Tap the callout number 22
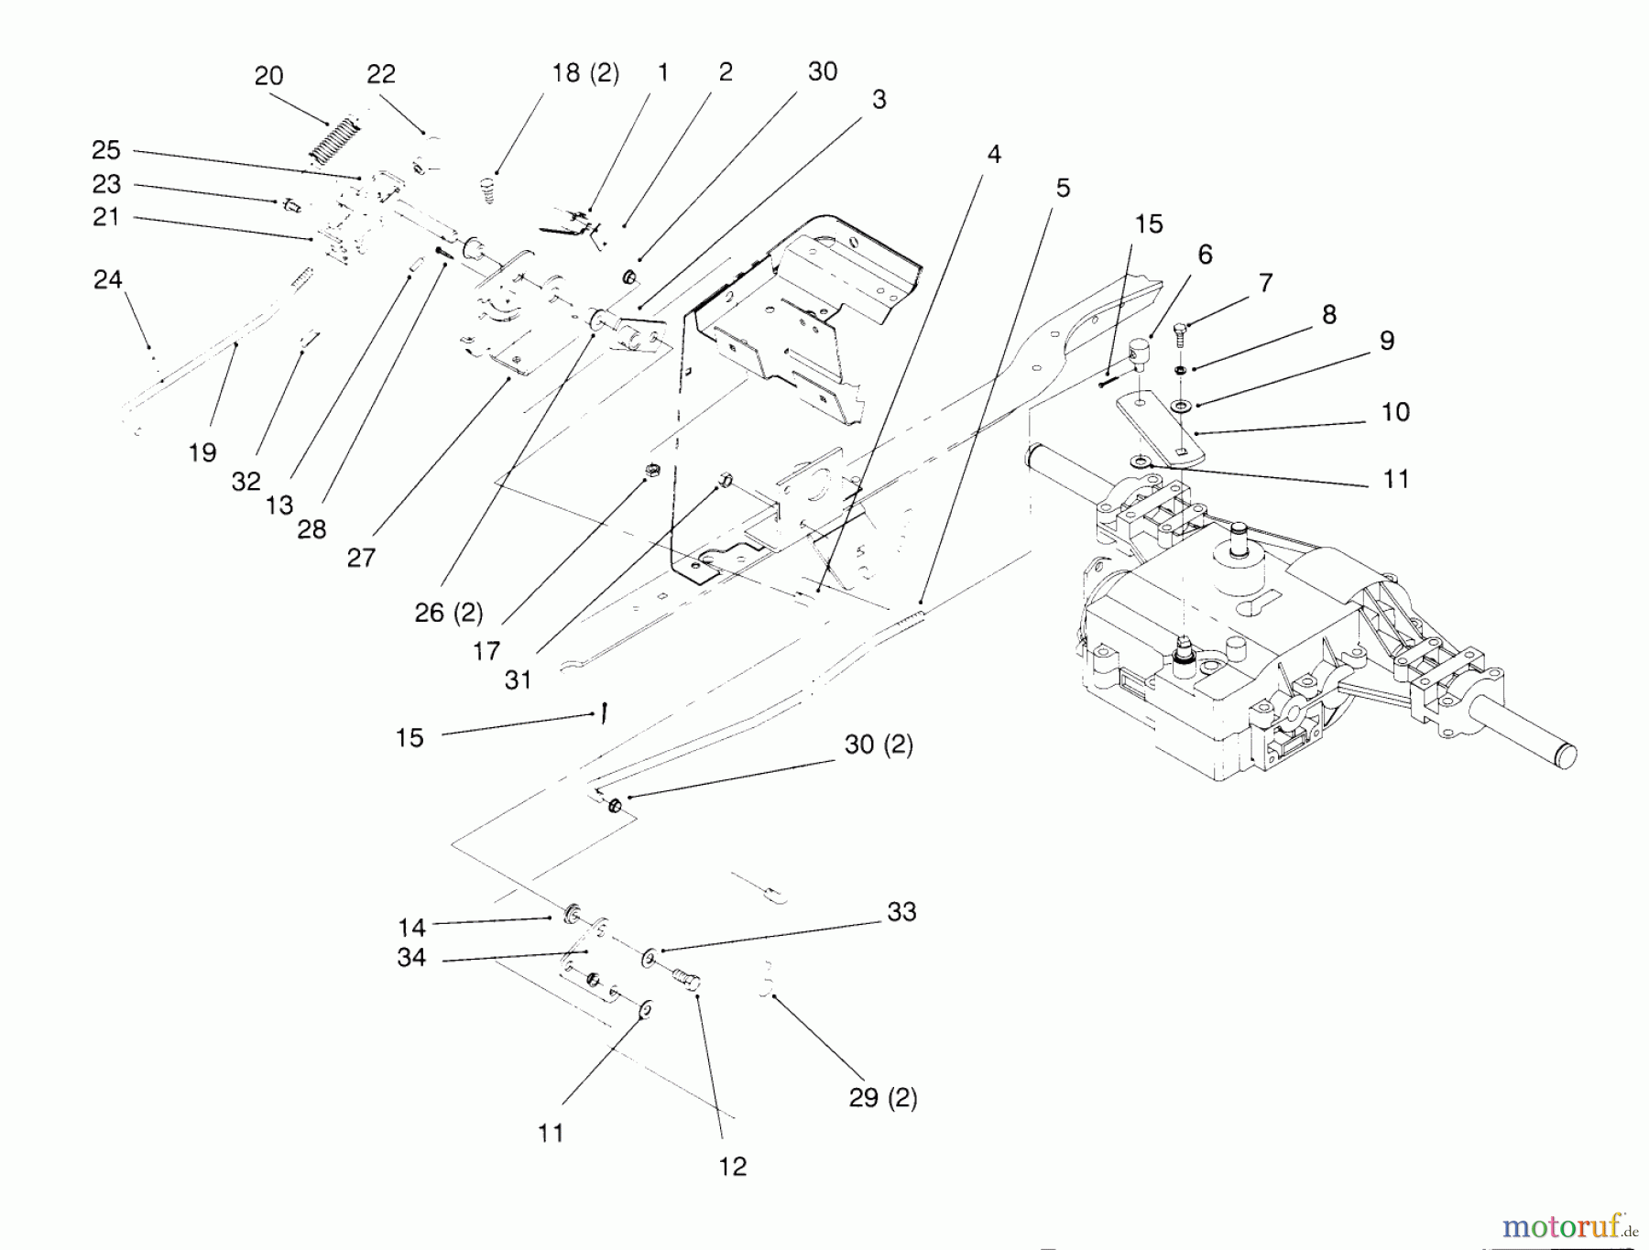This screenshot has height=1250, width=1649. pyautogui.click(x=380, y=74)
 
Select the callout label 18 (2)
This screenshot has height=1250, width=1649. pyautogui.click(x=585, y=73)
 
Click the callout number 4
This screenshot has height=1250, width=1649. pyautogui.click(x=994, y=154)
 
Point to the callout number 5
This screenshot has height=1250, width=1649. pyautogui.click(x=1063, y=188)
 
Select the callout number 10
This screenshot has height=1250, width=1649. pyautogui.click(x=1395, y=412)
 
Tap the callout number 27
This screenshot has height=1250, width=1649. pyautogui.click(x=361, y=557)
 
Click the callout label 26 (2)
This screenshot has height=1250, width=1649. pyautogui.click(x=449, y=613)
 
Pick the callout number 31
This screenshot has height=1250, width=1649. pyautogui.click(x=518, y=679)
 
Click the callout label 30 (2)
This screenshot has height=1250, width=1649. pyautogui.click(x=879, y=745)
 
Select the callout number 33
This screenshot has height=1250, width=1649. pyautogui.click(x=901, y=911)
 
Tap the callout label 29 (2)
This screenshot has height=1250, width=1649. pyautogui.click(x=883, y=1097)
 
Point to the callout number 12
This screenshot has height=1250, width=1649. pyautogui.click(x=733, y=1166)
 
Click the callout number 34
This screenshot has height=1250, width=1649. pyautogui.click(x=411, y=958)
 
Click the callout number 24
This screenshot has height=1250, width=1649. pyautogui.click(x=107, y=279)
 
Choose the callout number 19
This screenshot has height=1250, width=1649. pyautogui.click(x=202, y=452)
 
